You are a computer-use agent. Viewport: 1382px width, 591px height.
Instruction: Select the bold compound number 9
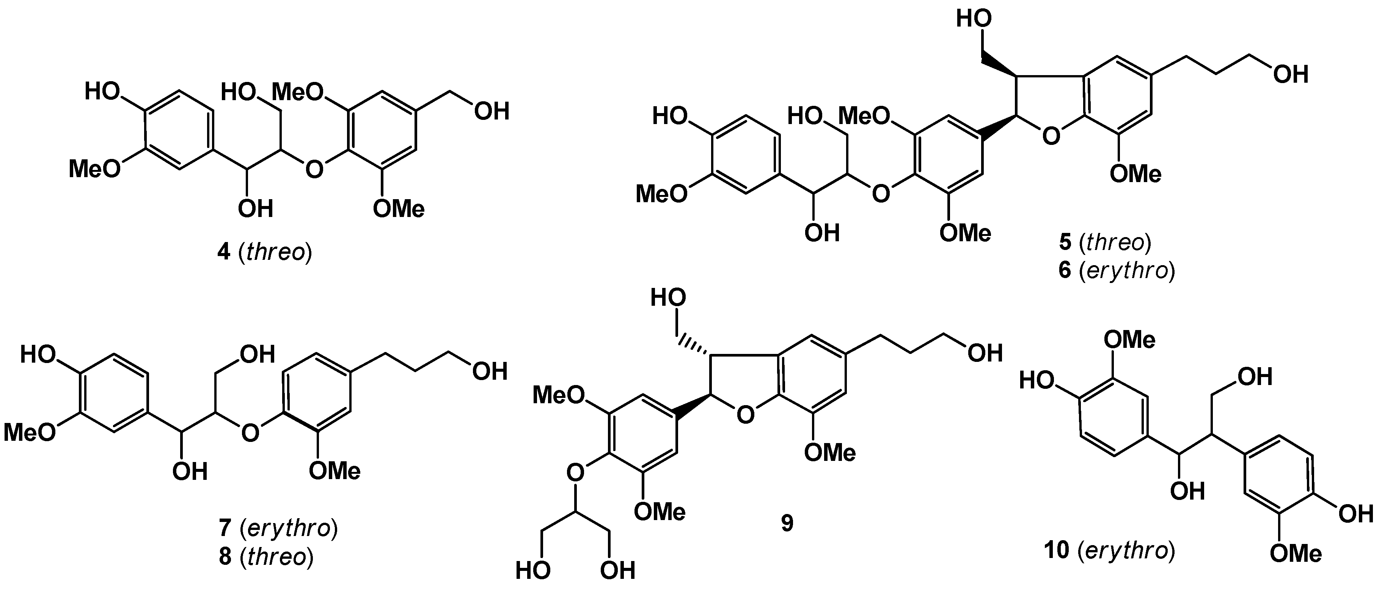(787, 523)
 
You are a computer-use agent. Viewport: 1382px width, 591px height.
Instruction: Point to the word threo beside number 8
(277, 556)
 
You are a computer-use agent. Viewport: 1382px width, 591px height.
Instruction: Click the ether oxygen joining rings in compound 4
(314, 170)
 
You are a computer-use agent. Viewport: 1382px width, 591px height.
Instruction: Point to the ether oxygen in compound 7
(250, 432)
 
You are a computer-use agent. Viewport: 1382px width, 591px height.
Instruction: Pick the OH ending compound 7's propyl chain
(489, 371)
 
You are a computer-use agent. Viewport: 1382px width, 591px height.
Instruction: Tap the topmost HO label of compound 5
(974, 19)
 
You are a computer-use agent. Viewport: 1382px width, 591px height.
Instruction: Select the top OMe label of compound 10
(1129, 340)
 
